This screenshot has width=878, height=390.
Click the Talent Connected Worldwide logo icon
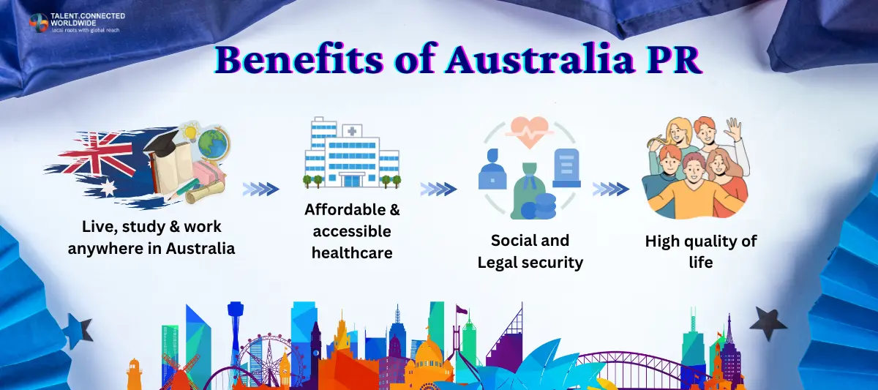click(x=38, y=23)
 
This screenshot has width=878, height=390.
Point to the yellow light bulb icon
click(x=191, y=132)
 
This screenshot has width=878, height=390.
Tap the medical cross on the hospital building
click(x=354, y=132)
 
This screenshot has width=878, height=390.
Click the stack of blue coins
click(x=545, y=205)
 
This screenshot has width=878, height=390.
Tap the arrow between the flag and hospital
click(x=260, y=190)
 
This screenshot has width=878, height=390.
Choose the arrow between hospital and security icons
click(x=438, y=190)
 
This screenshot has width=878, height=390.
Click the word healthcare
click(x=352, y=253)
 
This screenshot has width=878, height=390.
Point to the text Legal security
click(x=530, y=263)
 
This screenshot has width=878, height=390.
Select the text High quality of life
click(x=700, y=251)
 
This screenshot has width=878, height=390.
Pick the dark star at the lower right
click(x=768, y=322)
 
